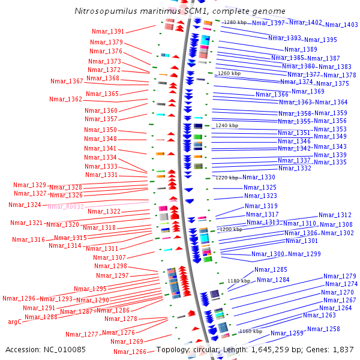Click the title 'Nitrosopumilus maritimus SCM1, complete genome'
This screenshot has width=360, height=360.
(180, 11)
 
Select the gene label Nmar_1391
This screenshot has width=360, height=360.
(108, 32)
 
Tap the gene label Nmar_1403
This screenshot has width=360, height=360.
(341, 25)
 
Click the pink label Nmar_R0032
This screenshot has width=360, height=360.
(66, 206)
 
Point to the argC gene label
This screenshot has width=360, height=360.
(15, 322)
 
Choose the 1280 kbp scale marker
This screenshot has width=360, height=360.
(235, 22)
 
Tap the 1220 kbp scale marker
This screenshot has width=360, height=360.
(227, 178)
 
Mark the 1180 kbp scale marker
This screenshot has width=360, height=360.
(238, 281)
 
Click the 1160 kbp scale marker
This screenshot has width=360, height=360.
(251, 331)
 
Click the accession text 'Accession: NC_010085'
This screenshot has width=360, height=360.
(46, 349)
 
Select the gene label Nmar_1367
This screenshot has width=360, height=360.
(67, 82)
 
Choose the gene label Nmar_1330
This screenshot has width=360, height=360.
(259, 178)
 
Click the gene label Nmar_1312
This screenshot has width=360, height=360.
(335, 215)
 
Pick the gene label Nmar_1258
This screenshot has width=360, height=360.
(323, 329)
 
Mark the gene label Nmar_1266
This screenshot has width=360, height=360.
(130, 352)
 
